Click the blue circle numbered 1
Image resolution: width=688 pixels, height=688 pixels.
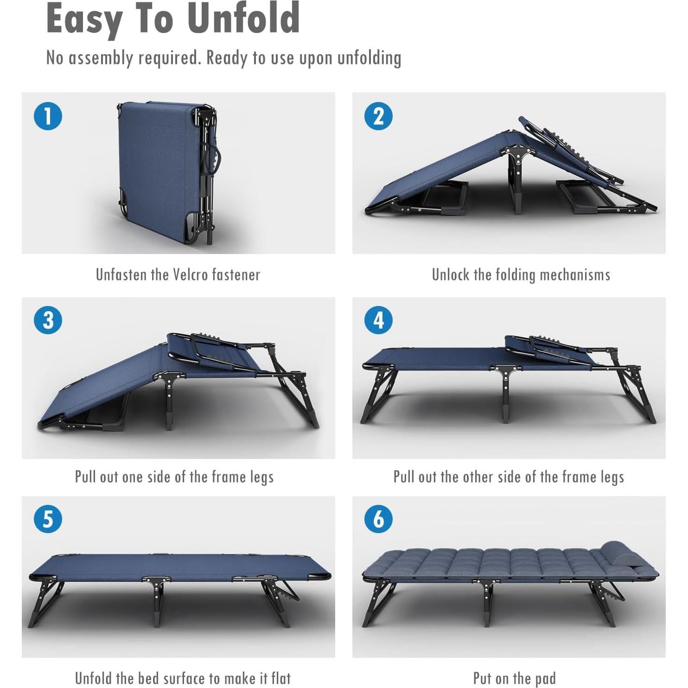(x=48, y=116)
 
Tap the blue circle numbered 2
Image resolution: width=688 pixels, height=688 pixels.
(x=378, y=116)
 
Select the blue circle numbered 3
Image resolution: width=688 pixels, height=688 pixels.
(x=48, y=320)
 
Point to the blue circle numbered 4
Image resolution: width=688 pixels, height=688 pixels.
(x=378, y=320)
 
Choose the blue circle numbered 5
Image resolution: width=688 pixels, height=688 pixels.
(x=48, y=519)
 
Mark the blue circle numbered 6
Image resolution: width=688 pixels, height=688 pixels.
(x=378, y=519)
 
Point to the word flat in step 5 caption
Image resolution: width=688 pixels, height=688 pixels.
(x=280, y=678)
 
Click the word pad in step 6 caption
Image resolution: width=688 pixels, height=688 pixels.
(x=545, y=679)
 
